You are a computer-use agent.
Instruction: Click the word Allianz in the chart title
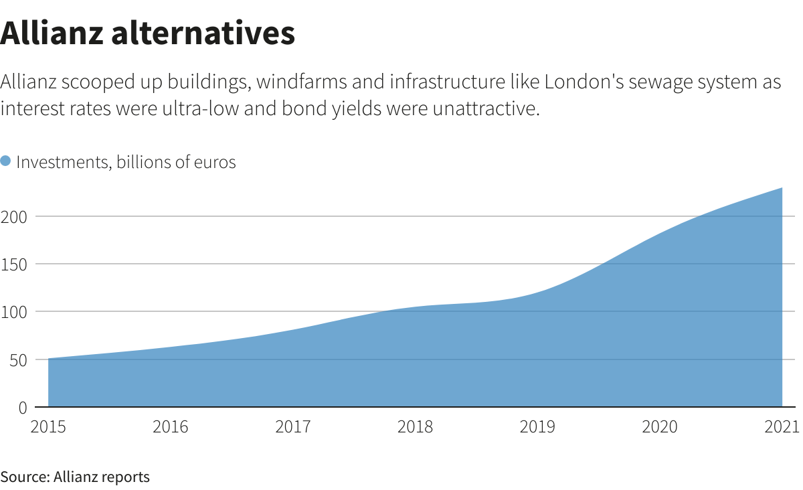click(51, 33)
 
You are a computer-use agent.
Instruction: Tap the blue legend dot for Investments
click(6, 161)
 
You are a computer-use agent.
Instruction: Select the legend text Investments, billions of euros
click(126, 162)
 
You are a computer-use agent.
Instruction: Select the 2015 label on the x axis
click(48, 427)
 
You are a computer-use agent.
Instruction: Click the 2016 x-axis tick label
click(170, 427)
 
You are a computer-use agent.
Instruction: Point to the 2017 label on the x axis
click(292, 427)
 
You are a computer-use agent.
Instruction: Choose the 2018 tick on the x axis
click(415, 427)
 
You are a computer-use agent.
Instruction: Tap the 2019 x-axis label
click(537, 427)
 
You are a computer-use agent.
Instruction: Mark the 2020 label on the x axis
click(660, 427)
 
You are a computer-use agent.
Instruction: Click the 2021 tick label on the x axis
click(782, 427)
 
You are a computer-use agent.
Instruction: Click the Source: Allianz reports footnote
click(75, 477)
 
